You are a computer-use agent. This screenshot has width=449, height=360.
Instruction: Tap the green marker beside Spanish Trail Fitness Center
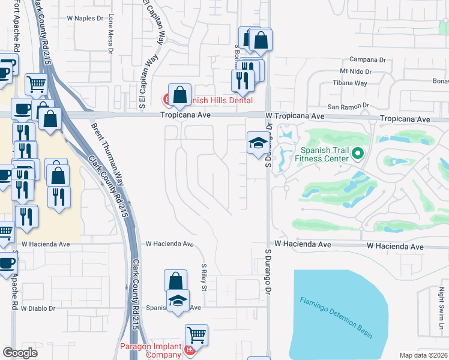pos(358,154)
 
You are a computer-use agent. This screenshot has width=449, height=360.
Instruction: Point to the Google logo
pos(20,353)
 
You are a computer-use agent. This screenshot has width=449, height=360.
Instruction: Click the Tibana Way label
pos(351,83)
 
